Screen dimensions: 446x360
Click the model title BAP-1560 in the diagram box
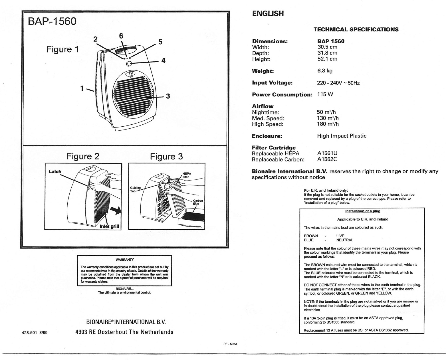point(52,21)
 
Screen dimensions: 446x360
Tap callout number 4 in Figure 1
point(163,61)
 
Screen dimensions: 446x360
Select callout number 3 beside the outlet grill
point(168,96)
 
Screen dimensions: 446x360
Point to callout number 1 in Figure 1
point(82,88)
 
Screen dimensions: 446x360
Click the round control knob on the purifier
point(129,64)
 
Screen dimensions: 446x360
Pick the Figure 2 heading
point(83,156)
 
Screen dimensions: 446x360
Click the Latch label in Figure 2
point(55,172)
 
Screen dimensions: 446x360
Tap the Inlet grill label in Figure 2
point(109,226)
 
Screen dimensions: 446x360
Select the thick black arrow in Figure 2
point(116,211)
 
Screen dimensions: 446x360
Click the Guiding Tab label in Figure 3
point(135,189)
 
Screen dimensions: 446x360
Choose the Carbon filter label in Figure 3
point(198,202)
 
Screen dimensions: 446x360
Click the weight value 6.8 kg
point(325,71)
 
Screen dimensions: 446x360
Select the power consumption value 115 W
point(325,94)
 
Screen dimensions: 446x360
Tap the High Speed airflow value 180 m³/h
point(328,124)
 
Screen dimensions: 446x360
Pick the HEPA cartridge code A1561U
point(327,153)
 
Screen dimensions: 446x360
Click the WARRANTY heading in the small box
point(125,260)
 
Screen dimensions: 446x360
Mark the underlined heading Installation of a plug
point(363,211)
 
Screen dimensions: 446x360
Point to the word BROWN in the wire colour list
point(311,236)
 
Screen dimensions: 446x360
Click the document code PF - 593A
point(230,344)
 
